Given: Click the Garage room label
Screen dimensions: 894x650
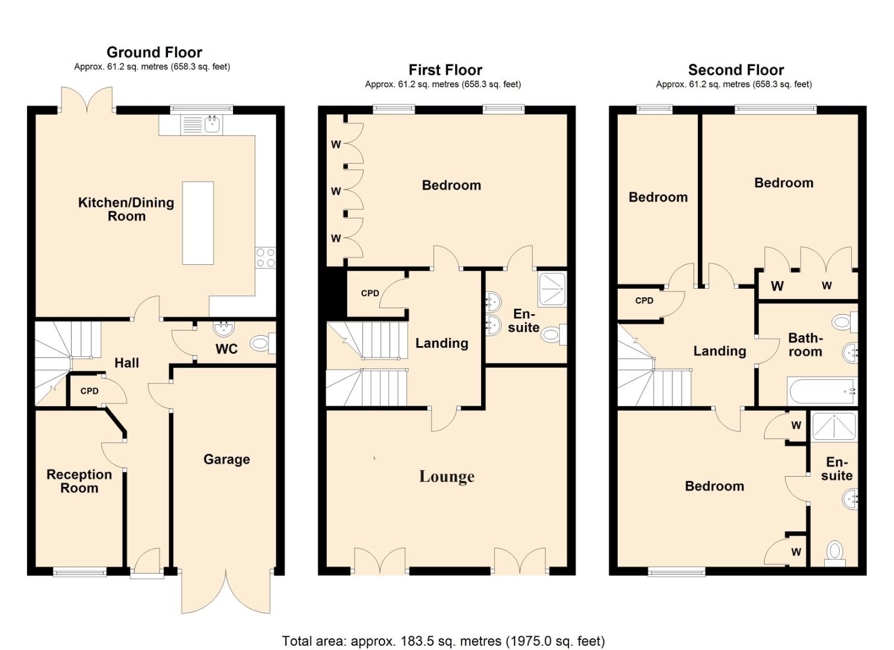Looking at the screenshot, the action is click(227, 459).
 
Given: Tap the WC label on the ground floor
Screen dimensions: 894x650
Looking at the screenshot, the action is click(226, 349).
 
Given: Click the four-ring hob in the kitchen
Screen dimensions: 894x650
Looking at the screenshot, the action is click(265, 258).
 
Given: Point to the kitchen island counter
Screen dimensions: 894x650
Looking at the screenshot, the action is click(198, 223).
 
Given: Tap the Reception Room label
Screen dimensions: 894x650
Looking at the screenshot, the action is click(79, 481).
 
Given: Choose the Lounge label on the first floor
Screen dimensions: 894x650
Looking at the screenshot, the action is click(447, 477).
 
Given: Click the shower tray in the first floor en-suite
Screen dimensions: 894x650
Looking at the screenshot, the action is click(552, 289).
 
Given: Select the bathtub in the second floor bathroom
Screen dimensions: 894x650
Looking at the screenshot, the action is click(822, 391).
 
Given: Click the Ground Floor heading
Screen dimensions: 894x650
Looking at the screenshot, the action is click(155, 52).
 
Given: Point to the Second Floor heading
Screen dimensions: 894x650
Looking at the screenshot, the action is click(736, 70).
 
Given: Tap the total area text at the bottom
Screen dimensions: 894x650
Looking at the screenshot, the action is click(444, 630).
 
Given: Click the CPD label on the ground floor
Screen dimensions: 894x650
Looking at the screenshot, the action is click(89, 391).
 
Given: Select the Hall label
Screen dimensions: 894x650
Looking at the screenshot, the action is click(127, 363).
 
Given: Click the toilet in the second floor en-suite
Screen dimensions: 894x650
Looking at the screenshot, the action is click(834, 554).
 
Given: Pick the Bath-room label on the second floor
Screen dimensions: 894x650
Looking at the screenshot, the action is click(806, 345).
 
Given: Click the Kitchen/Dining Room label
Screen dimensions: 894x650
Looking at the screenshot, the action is click(126, 209).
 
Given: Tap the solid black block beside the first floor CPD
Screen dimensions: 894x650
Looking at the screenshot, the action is click(336, 293).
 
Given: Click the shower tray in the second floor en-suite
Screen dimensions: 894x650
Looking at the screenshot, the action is click(834, 427).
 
